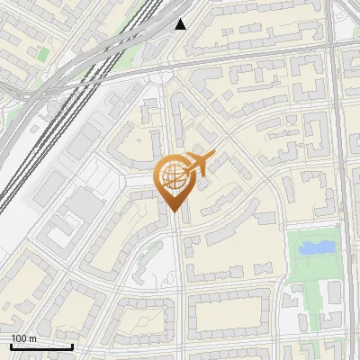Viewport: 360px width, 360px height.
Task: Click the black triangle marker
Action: coord(181,24)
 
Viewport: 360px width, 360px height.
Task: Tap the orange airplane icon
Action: coord(199,165)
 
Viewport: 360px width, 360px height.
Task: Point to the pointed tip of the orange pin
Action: coord(173,211)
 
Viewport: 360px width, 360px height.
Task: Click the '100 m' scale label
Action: coord(23,338)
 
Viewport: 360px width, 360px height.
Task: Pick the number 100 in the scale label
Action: coord(19,338)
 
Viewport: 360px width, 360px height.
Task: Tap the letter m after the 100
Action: coord(32,338)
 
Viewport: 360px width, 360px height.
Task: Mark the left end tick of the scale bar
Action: coord(11,346)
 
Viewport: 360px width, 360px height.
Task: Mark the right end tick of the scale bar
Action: coord(72,346)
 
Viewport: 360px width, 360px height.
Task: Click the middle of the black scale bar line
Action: coord(41,346)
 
